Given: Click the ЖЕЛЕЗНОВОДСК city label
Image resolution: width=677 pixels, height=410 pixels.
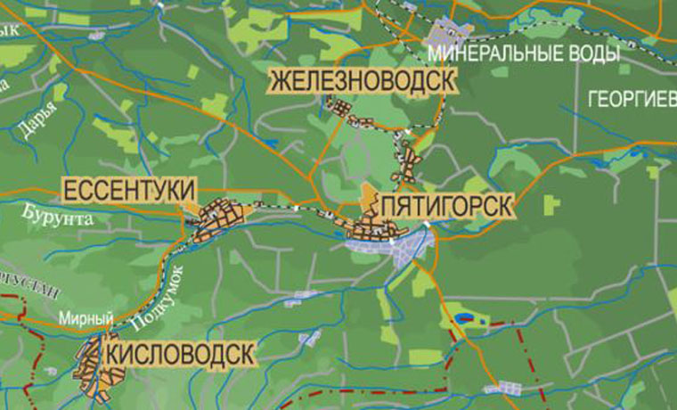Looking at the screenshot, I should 362,80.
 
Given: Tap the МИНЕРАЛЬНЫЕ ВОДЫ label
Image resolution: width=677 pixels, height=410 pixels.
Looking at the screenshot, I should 524,54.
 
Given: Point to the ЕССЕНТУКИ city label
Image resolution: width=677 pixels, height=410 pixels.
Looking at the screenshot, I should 128,189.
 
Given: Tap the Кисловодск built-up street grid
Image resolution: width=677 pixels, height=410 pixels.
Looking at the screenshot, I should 93,365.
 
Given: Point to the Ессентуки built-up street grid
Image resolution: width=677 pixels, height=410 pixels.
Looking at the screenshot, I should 218,219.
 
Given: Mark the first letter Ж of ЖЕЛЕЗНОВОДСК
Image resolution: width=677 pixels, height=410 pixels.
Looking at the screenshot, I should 279,80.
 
